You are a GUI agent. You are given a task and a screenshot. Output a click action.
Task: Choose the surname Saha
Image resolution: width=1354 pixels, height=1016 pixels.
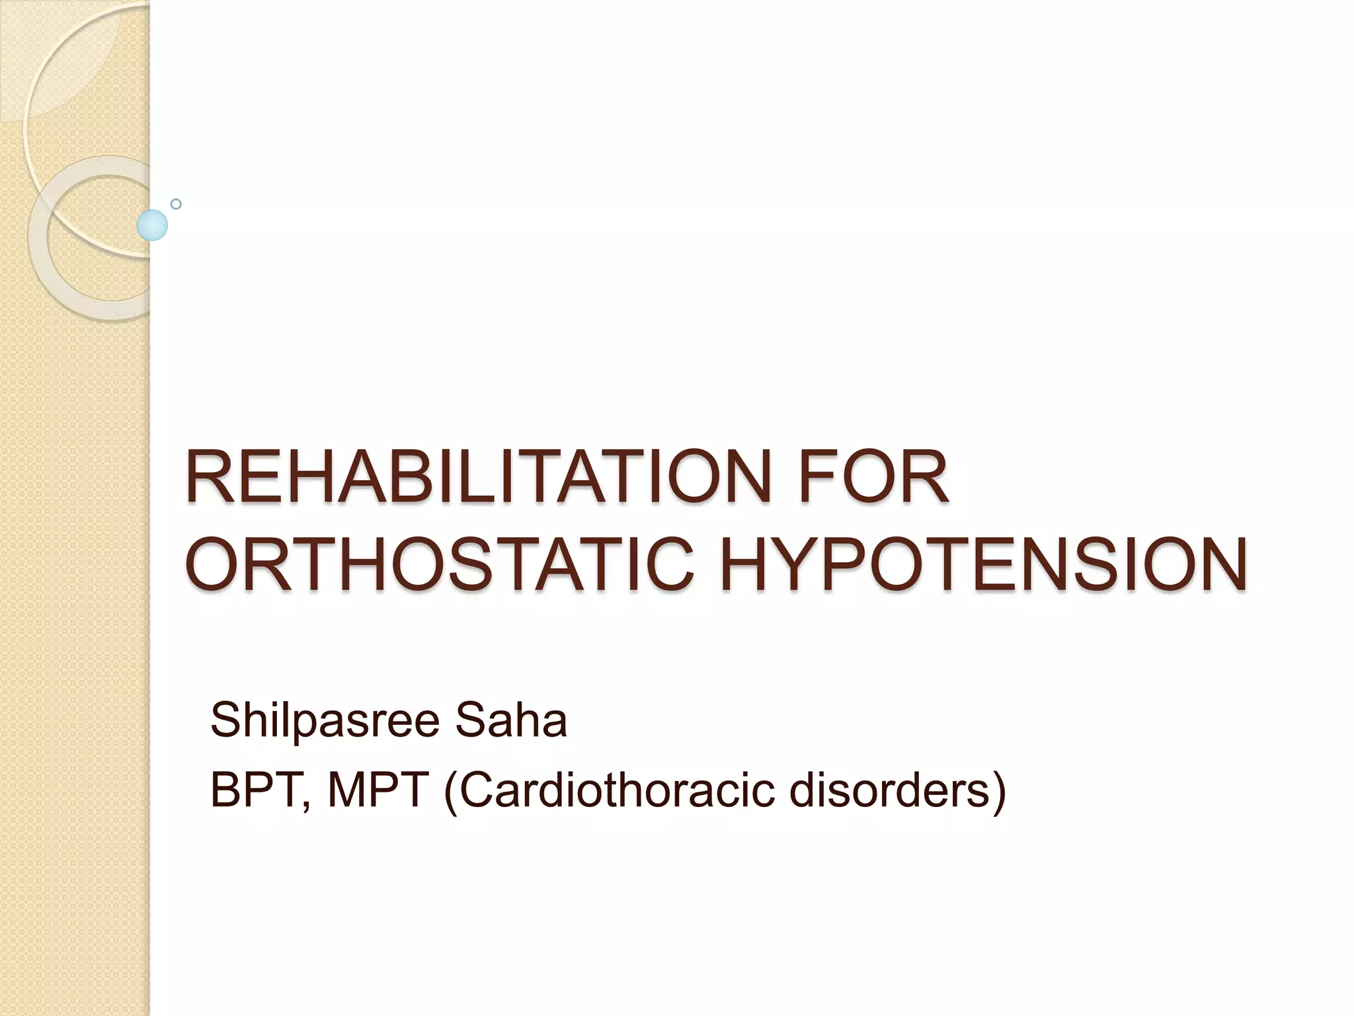(510, 721)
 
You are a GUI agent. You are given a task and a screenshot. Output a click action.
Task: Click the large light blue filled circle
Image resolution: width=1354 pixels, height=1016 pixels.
(152, 225)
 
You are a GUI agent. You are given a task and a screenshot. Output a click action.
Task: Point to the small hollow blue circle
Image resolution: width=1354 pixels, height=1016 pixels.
(176, 204)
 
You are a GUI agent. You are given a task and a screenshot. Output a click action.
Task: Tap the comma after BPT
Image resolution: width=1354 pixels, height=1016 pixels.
(305, 804)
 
